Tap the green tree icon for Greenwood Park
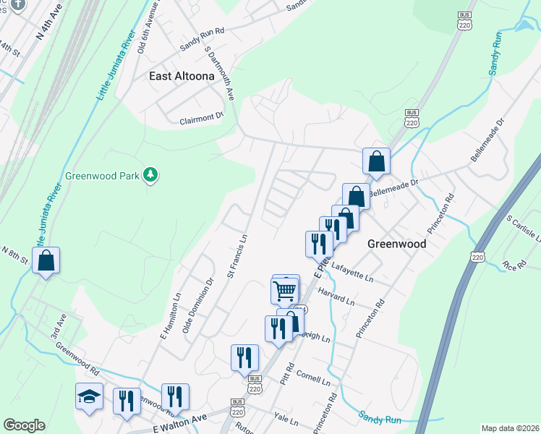[x=150, y=174]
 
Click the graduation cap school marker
[x=89, y=397]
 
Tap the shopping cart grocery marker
[x=285, y=291]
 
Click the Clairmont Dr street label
[x=202, y=118]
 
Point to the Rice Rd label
[x=514, y=265]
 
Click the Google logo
[x=24, y=425]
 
